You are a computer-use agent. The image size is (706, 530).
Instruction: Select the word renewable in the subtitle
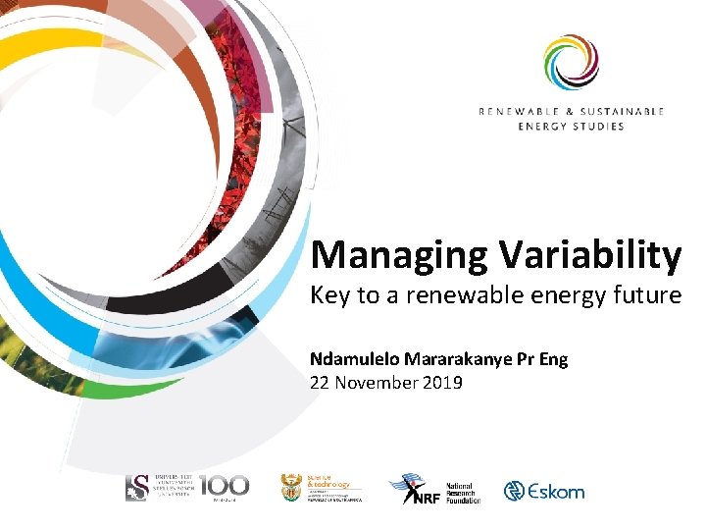coord(439,295)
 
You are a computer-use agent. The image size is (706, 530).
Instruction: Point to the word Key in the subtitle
coord(330,295)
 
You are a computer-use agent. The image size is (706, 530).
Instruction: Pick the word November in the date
coord(378,382)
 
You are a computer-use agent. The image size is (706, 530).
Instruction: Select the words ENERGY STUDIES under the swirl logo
coord(572,127)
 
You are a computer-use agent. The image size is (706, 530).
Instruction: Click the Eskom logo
coord(543,491)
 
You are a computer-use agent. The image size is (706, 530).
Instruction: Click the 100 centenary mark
coord(225,486)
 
